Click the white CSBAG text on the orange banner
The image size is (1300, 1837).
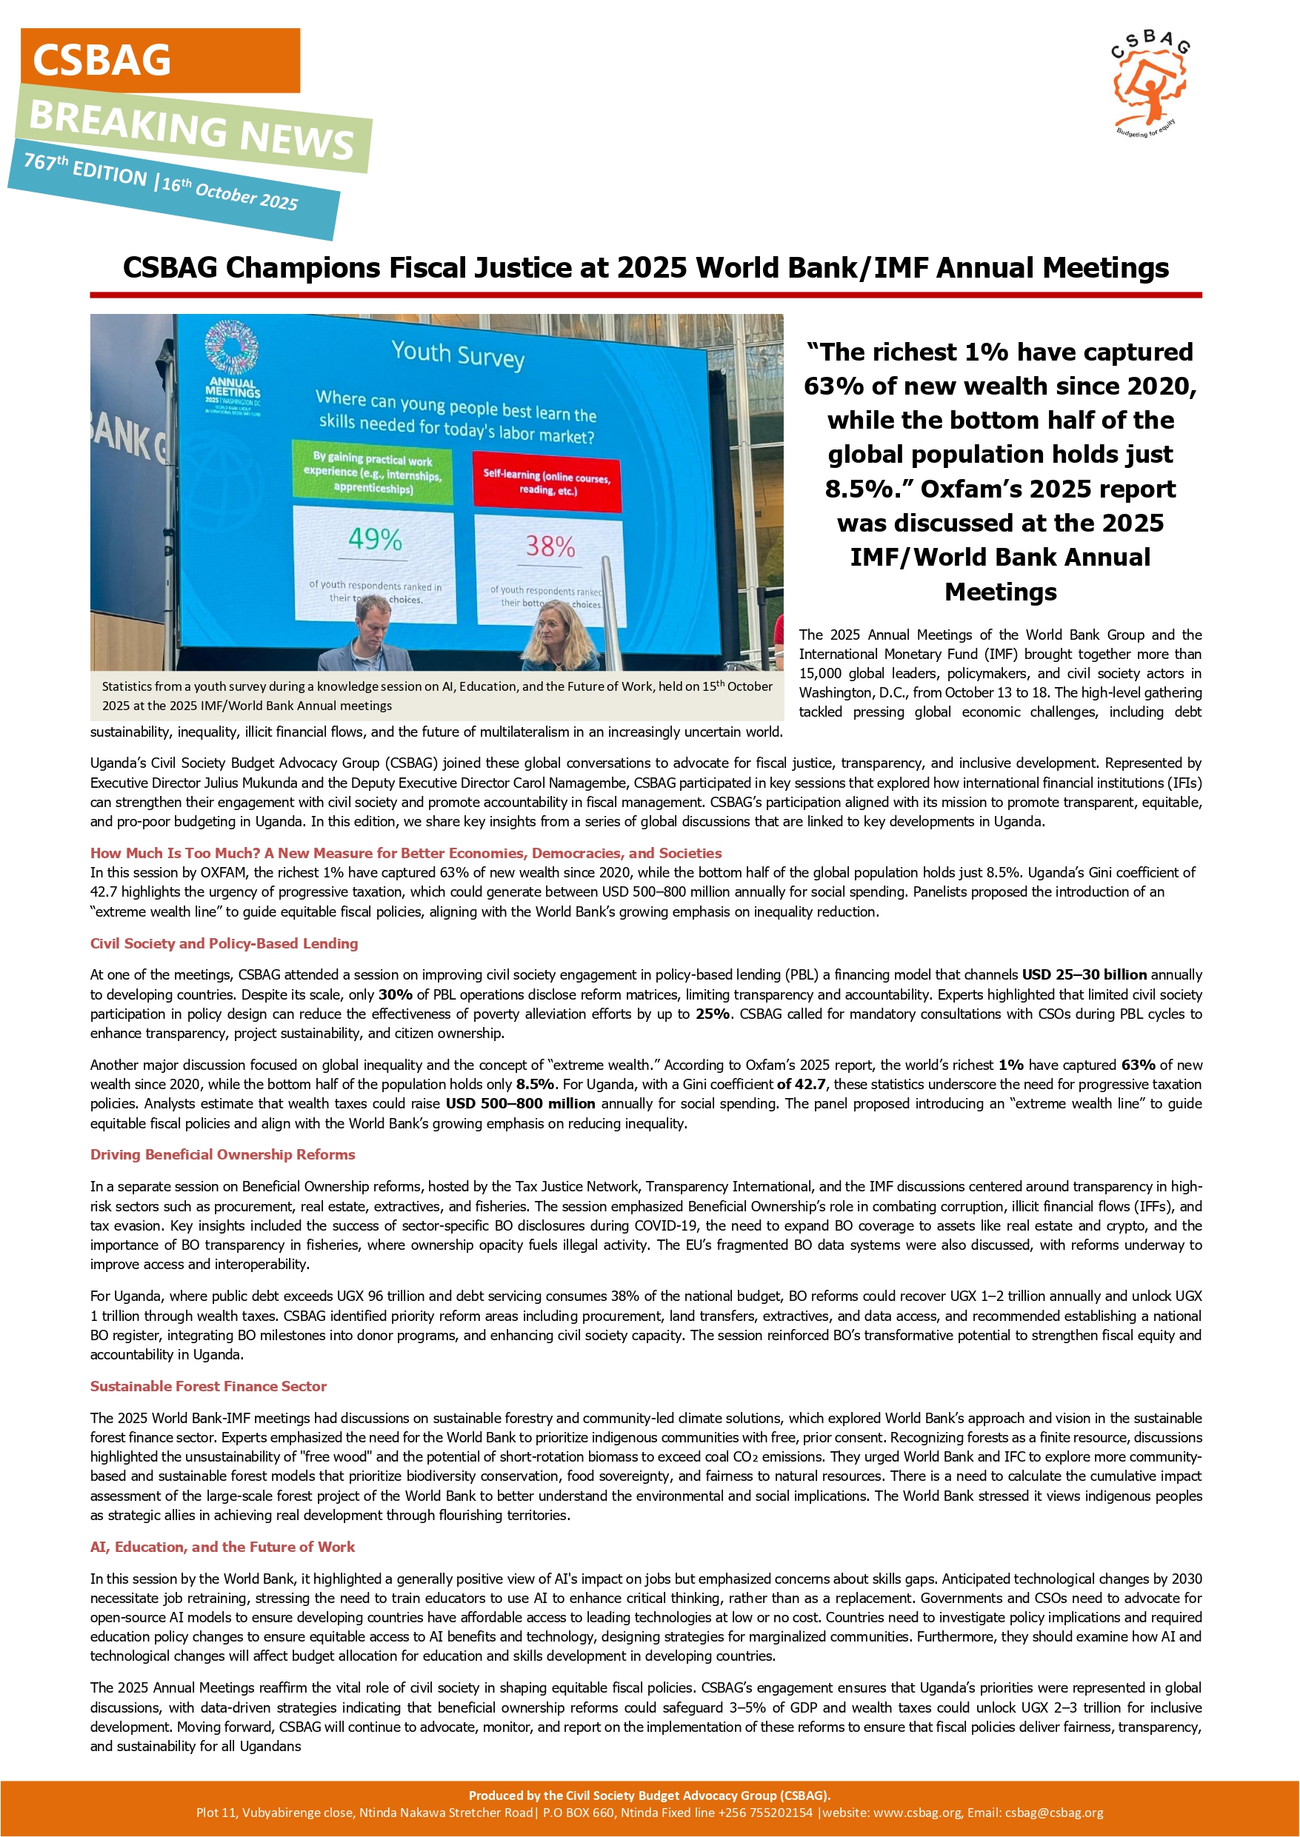coord(101,61)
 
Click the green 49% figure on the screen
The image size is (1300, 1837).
coord(375,540)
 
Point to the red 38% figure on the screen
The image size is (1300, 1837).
coord(550,546)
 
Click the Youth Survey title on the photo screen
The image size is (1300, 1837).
coord(458,354)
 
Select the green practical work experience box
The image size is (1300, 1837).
coord(373,473)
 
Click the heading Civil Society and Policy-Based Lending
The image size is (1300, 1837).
coord(224,943)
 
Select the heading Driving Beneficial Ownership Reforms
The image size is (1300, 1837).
coord(222,1154)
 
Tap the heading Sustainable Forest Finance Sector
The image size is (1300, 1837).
coord(208,1387)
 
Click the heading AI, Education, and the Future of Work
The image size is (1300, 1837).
coord(222,1547)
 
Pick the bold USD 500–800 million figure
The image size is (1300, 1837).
coord(520,1103)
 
